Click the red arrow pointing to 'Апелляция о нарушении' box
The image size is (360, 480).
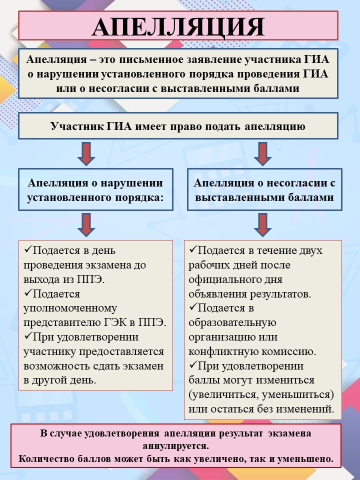(86, 153)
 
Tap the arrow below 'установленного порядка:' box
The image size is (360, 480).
(86, 224)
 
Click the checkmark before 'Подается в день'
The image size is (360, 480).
(28, 249)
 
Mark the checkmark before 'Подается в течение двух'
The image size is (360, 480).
(193, 249)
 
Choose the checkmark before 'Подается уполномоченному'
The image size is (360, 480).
(28, 293)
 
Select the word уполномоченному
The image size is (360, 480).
(63, 308)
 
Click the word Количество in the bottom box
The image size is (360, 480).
(44, 458)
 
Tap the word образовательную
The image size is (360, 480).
(232, 322)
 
